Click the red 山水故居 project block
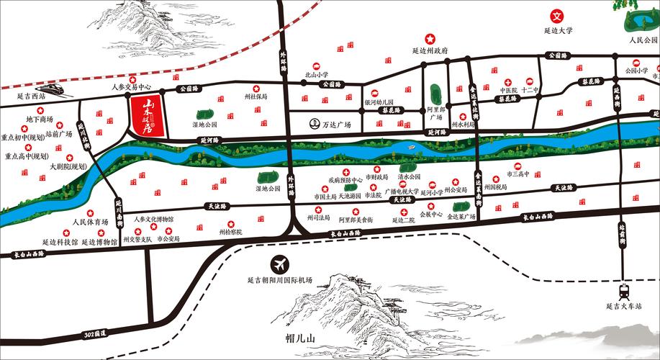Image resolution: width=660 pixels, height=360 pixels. (146, 115)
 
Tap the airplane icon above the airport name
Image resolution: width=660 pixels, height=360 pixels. (278, 264)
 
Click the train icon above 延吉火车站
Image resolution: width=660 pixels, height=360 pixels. (623, 292)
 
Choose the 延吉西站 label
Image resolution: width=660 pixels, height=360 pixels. (31, 95)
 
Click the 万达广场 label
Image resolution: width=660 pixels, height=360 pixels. (335, 125)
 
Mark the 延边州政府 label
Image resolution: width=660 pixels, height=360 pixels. (430, 51)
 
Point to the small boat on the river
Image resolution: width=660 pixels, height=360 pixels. (410, 148)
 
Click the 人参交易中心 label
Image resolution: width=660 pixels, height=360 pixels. (133, 86)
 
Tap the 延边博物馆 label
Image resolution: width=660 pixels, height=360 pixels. (99, 243)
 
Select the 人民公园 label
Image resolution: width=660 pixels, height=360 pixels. (643, 40)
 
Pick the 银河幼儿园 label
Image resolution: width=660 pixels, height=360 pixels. (379, 103)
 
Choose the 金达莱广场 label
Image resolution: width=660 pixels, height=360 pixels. (462, 216)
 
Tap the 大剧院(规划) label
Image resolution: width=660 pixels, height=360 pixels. (68, 166)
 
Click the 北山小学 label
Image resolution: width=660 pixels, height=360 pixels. (315, 74)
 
